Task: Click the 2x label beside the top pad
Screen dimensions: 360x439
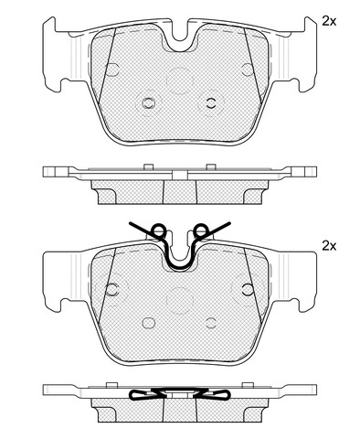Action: pyautogui.click(x=329, y=21)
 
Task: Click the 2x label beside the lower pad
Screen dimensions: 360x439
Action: pyautogui.click(x=329, y=246)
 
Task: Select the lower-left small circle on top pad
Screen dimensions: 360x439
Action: pyautogui.click(x=149, y=103)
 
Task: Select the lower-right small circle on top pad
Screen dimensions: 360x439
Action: pyautogui.click(x=211, y=103)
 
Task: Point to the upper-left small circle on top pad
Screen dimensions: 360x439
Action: pyautogui.click(x=112, y=70)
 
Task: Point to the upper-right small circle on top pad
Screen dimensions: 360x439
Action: pyautogui.click(x=248, y=70)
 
